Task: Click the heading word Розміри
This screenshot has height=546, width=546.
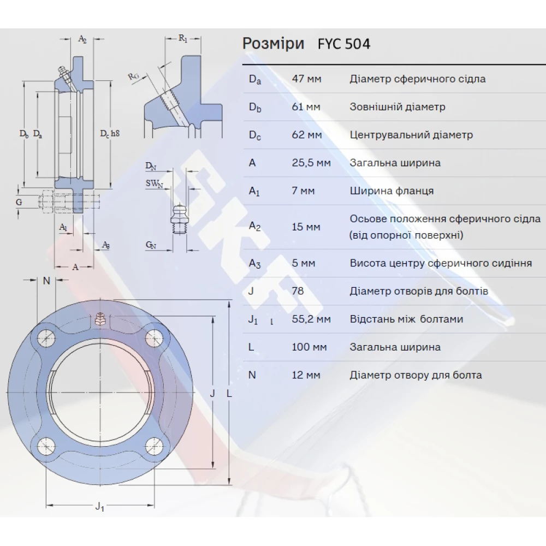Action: point(273,44)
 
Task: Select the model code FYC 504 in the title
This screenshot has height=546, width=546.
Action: point(343,44)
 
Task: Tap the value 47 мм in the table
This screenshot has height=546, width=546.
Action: point(306,79)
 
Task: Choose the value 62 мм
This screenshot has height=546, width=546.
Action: point(306,135)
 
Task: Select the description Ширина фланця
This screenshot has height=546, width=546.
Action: point(391,191)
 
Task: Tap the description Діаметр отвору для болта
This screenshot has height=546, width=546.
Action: point(416,375)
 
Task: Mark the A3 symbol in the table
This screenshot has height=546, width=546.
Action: point(255,263)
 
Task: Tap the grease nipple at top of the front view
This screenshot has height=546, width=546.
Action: point(100,319)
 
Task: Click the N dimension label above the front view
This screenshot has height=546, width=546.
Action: point(46,281)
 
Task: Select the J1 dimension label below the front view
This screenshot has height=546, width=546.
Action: point(99,506)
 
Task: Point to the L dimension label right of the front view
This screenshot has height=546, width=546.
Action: point(229,393)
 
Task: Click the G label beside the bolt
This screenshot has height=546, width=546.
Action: point(19,202)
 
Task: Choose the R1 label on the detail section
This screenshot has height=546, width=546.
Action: point(183,38)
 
